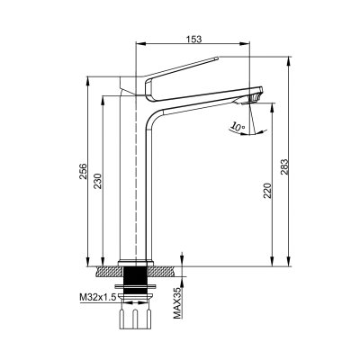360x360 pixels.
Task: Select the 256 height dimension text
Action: click(x=83, y=171)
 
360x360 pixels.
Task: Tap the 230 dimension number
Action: click(x=98, y=181)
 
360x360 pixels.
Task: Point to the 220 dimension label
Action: click(x=267, y=191)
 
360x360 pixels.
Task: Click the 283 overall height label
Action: click(x=284, y=167)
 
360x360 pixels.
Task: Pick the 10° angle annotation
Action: click(x=238, y=127)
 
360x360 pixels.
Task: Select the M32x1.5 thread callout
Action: click(x=97, y=297)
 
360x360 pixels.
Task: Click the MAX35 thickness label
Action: click(x=177, y=302)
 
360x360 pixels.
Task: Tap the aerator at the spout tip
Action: click(x=254, y=98)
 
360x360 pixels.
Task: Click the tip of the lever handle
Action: click(x=217, y=58)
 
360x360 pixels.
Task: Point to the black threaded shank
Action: click(x=136, y=280)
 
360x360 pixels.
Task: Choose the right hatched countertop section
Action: click(x=162, y=272)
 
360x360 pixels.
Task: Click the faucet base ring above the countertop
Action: click(x=136, y=263)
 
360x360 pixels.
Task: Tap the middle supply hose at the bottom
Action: click(x=136, y=319)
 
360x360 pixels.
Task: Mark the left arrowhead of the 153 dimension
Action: click(x=141, y=44)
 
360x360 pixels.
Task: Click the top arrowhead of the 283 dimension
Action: click(x=289, y=61)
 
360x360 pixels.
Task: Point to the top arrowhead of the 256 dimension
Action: click(x=88, y=82)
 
